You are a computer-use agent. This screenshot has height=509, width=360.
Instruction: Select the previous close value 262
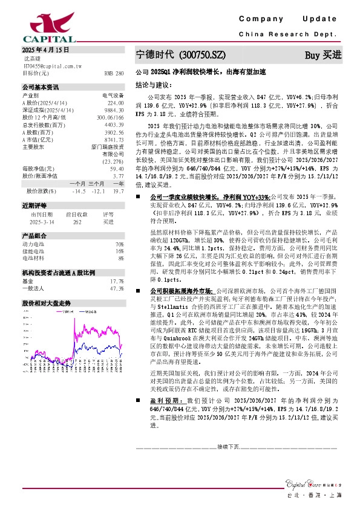pyautogui.click(x=77, y=222)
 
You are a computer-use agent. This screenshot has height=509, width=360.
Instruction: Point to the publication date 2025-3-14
pyautogui.click(x=42, y=222)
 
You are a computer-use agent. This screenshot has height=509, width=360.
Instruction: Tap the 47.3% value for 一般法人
pyautogui.click(x=117, y=288)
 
